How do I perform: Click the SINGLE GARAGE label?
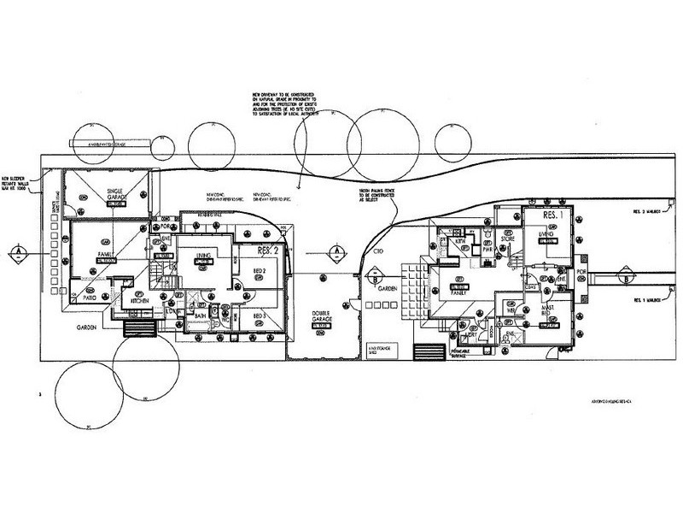[x=117, y=192]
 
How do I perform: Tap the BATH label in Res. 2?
[x=201, y=315]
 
